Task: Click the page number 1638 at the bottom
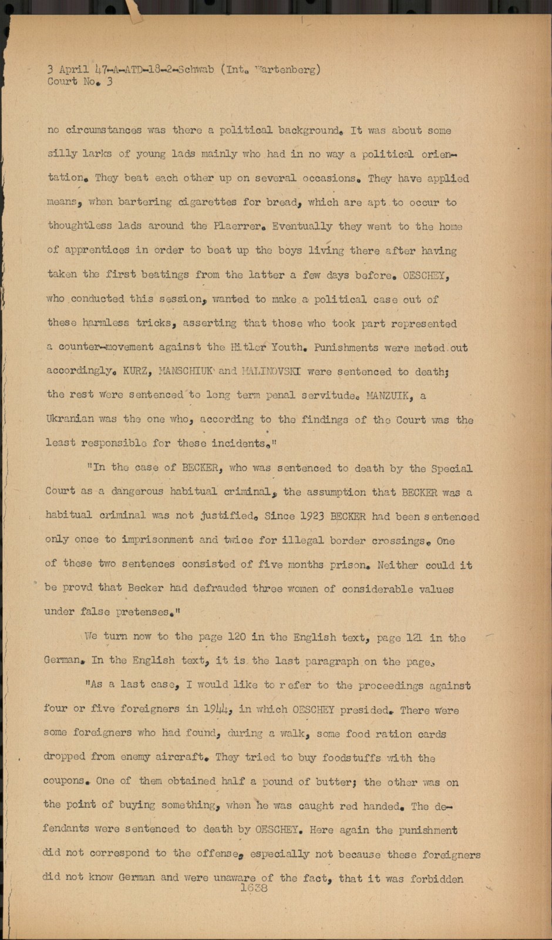pyautogui.click(x=254, y=888)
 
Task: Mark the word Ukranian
pyautogui.click(x=70, y=419)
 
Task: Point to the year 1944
pyautogui.click(x=217, y=709)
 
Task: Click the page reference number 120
pyautogui.click(x=235, y=637)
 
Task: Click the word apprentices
pyautogui.click(x=96, y=250)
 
